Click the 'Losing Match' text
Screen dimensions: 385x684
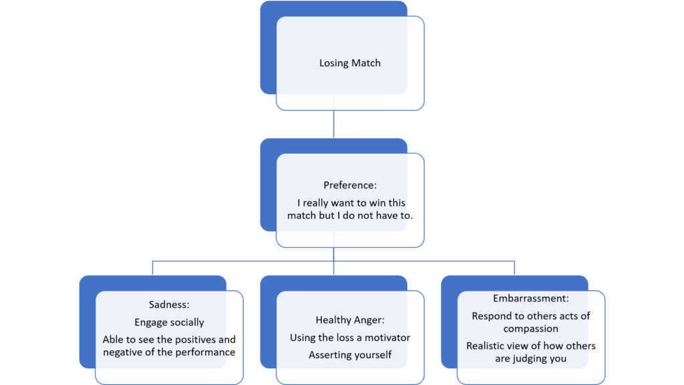[349, 63]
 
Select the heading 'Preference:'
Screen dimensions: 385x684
[349, 185]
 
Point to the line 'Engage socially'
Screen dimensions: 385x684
[168, 322]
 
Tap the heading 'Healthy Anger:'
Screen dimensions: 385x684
[350, 320]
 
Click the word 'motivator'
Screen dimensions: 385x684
[387, 338]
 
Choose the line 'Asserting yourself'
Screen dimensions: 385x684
[350, 355]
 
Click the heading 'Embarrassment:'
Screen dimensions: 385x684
[530, 299]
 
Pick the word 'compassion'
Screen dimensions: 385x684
[530, 328]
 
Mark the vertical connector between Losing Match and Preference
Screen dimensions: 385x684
[333, 124]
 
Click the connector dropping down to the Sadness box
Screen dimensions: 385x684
[152, 267]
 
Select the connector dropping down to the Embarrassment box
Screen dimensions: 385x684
[514, 267]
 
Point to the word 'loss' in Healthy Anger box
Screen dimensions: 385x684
[345, 338]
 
